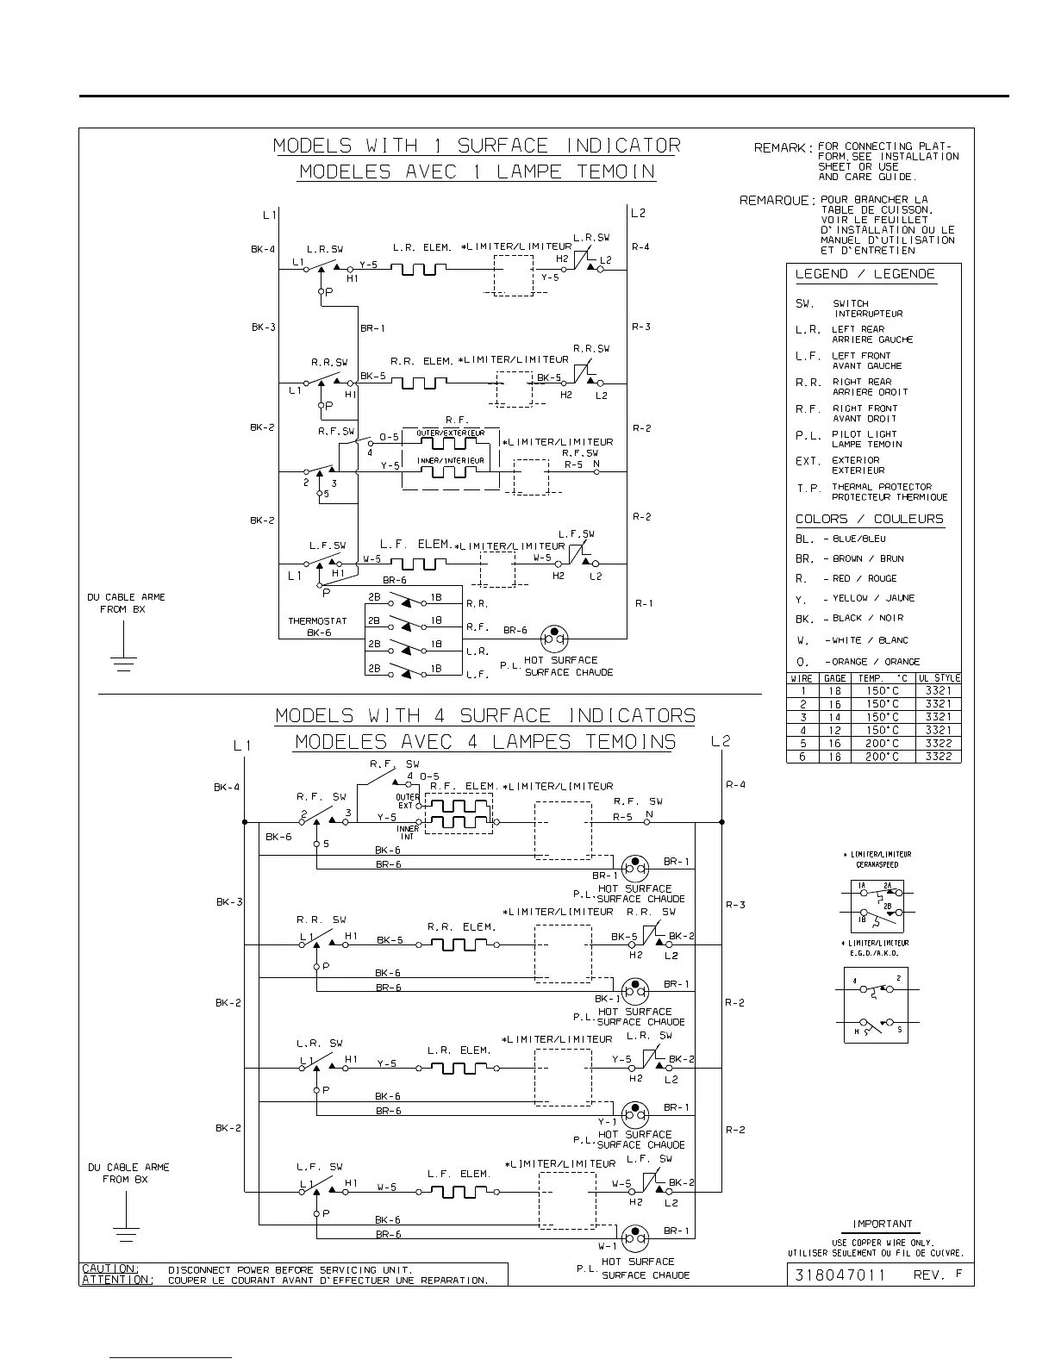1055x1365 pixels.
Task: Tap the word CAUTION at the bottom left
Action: (x=109, y=1268)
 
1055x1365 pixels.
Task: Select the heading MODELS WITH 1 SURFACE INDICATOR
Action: (x=477, y=146)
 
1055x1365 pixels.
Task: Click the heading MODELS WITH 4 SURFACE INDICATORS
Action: (x=484, y=716)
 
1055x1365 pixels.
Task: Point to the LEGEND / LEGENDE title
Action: (x=865, y=274)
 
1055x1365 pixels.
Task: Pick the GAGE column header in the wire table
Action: (x=834, y=678)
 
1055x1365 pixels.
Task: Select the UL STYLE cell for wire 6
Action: (x=938, y=757)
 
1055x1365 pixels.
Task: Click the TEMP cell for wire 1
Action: (x=883, y=691)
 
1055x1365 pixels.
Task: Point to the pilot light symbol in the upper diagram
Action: (x=554, y=639)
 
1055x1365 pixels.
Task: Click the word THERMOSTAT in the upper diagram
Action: (x=317, y=620)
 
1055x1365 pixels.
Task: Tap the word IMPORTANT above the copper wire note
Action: (x=882, y=1224)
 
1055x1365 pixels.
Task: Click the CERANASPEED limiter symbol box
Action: (x=877, y=906)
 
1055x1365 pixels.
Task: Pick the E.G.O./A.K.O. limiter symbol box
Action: (x=876, y=1005)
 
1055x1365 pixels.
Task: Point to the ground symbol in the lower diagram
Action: (x=127, y=1234)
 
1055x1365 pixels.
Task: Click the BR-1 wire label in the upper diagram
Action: (x=372, y=328)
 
